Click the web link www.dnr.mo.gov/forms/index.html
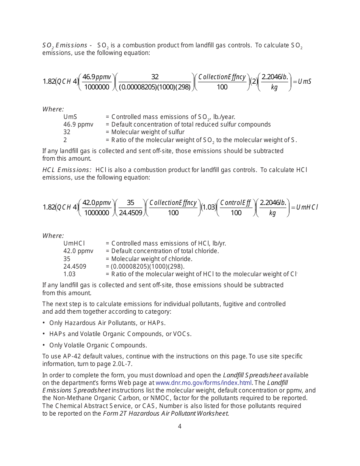coord(203,383)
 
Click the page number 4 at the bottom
coord(180,426)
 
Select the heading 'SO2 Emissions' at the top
coord(64,45)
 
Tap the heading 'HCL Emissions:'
coord(67,170)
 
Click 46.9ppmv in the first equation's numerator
coord(97,77)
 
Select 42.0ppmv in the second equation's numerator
coord(97,203)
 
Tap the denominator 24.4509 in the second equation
coord(130,213)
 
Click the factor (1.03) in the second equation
coord(208,207)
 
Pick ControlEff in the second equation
coord(236,203)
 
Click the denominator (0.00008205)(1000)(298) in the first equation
coord(155,87)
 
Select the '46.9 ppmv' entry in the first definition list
coord(78,124)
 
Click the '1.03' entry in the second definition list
coord(69,274)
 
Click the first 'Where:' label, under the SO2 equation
coord(53,109)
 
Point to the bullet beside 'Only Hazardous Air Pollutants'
coord(44,322)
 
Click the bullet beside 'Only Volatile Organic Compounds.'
coord(44,345)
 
